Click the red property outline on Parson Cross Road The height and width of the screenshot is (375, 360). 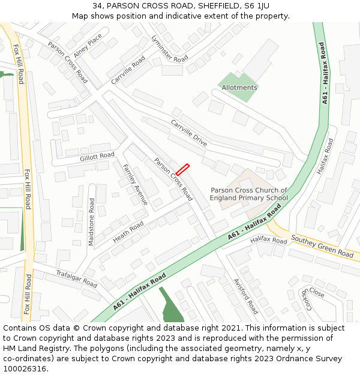pos(182,169)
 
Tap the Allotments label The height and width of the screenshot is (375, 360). pos(239,88)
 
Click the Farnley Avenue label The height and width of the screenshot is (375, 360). pos(135,184)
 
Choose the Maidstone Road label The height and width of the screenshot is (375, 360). pos(92,222)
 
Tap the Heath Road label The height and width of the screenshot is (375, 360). pos(128,232)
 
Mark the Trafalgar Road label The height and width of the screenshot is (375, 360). pos(76,278)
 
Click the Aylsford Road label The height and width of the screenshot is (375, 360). pos(245,296)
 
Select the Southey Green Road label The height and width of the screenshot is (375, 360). pos(322,246)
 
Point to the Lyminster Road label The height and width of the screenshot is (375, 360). pos(170,49)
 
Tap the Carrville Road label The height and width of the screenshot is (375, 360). pos(128,70)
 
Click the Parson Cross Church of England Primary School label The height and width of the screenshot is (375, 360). pos(249,194)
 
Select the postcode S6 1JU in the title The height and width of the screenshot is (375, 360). pos(255,5)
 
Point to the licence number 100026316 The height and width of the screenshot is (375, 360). pos(26,368)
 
